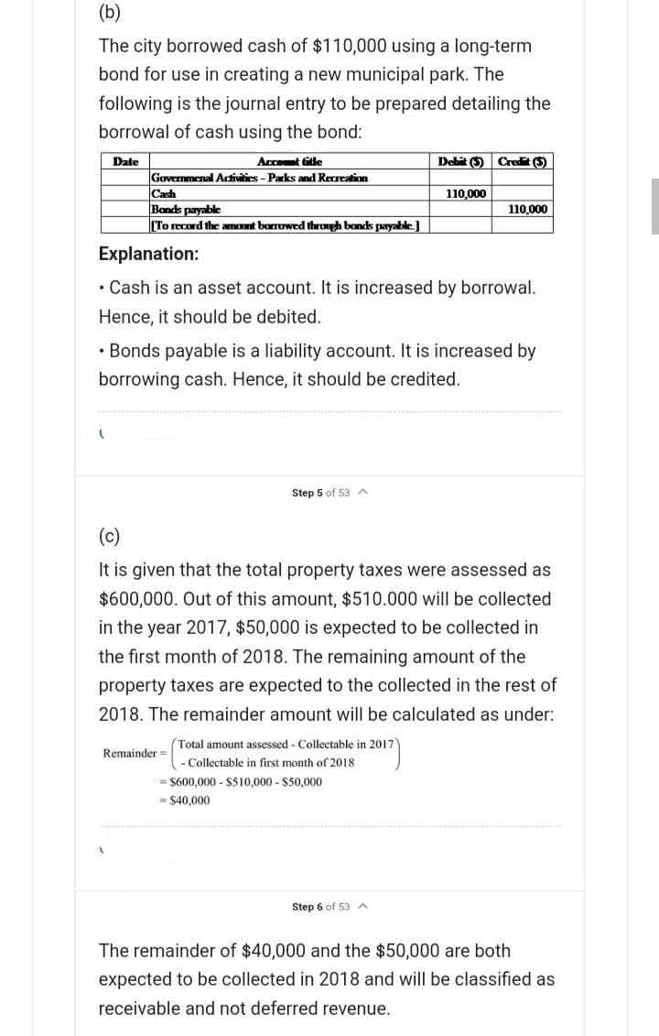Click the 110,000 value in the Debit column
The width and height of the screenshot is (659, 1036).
pyautogui.click(x=466, y=193)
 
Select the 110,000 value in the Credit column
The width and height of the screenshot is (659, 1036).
pyautogui.click(x=527, y=209)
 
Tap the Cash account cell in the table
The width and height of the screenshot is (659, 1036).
pyautogui.click(x=164, y=193)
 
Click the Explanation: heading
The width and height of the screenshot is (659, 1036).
pyautogui.click(x=148, y=253)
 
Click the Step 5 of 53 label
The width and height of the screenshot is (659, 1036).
pyautogui.click(x=320, y=493)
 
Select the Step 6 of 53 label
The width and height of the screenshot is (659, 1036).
pyautogui.click(x=320, y=907)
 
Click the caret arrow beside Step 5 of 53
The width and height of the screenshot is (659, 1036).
pyautogui.click(x=364, y=493)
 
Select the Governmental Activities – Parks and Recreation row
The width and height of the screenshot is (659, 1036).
pyautogui.click(x=259, y=178)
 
